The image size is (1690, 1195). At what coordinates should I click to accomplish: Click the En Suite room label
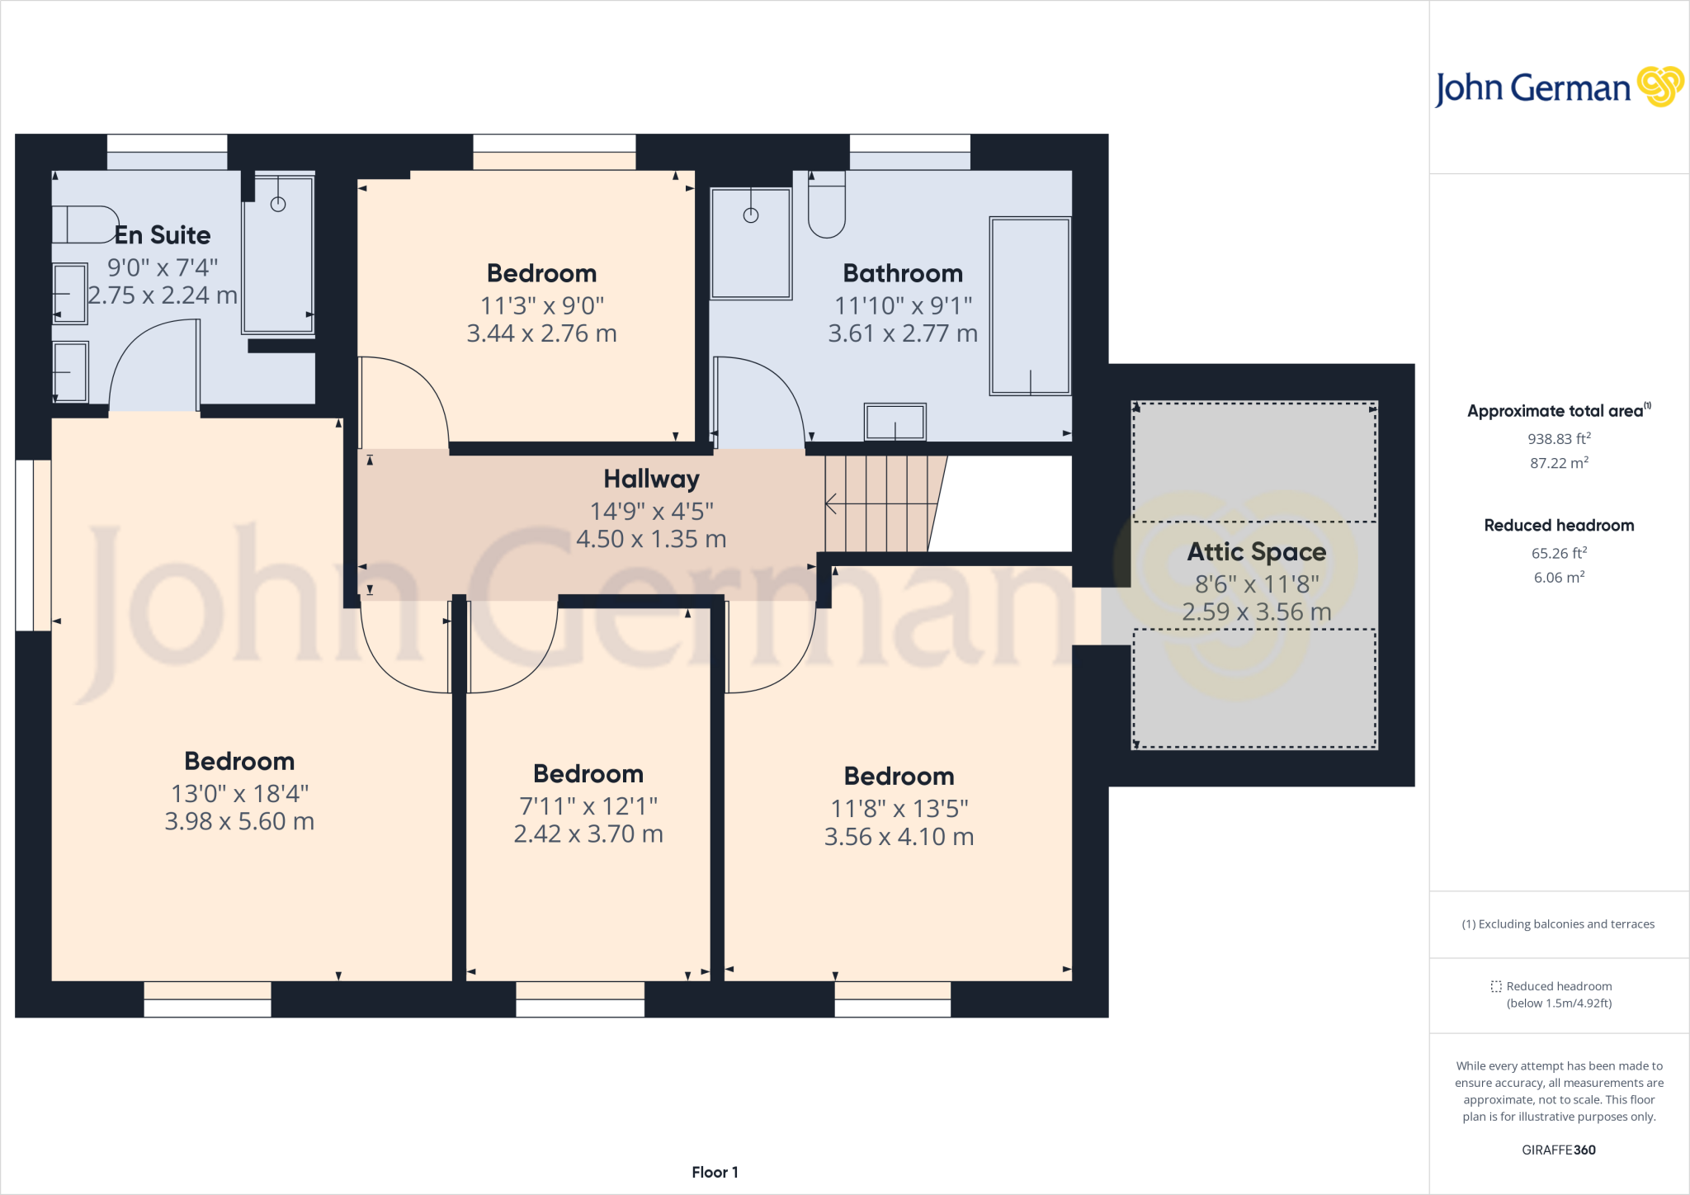coord(163,235)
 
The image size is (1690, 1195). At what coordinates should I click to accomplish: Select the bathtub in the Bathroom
coord(1030,306)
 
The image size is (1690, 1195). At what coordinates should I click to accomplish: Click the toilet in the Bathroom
coord(826,206)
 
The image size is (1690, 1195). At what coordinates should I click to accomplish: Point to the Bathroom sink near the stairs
coord(895,422)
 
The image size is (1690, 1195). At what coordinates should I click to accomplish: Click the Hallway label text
coord(651,479)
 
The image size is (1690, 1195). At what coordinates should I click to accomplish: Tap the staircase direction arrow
coord(832,503)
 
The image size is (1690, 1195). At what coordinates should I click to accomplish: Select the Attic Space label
coord(1256,551)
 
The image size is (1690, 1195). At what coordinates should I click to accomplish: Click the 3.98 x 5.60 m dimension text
coord(239,821)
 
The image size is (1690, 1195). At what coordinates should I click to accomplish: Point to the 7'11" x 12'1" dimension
coord(588,805)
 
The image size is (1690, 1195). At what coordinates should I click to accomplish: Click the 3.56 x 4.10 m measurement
coord(899,837)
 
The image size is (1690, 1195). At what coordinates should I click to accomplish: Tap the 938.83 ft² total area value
coord(1558,439)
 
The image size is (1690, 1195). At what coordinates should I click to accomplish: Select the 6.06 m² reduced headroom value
coord(1558,578)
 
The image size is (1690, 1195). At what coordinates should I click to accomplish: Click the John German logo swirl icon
coord(1659,87)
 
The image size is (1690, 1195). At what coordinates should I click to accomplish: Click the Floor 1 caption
coord(715,1172)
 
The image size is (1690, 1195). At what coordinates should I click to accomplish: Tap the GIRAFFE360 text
coord(1558,1150)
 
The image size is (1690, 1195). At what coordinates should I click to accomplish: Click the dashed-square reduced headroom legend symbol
coord(1496,986)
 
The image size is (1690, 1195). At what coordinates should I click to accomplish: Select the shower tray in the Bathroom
coord(750,243)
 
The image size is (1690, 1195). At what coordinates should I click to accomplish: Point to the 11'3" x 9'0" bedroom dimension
coord(542,306)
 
